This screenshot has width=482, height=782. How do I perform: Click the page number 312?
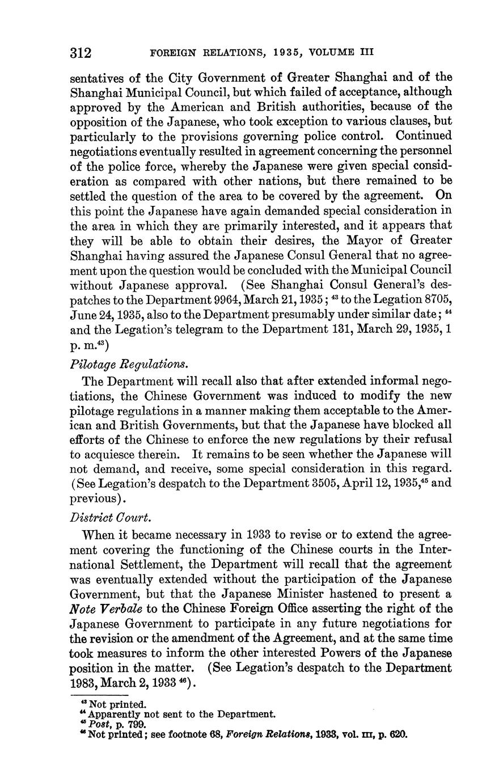pos(81,53)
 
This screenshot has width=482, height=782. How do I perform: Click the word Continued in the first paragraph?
pos(424,137)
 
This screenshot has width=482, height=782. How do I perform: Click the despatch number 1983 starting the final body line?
pos(84,684)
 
